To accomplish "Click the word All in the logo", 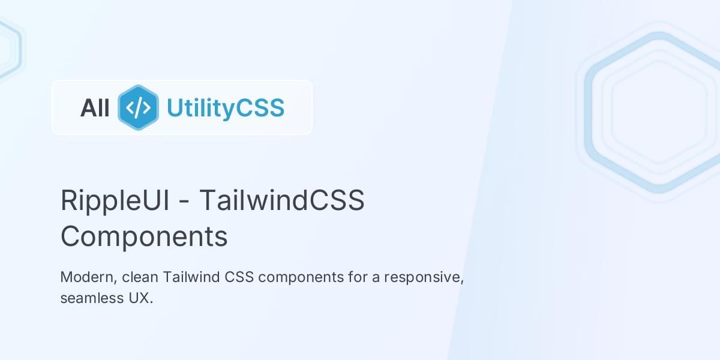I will pos(95,108).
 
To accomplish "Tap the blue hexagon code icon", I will pos(138,108).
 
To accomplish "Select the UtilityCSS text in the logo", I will pos(225,108).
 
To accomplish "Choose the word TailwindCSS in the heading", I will pos(281,200).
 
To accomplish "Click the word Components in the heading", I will pos(144,236).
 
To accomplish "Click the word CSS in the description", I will pos(240,278).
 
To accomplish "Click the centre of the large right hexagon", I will pos(659,112).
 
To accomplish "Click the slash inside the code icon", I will pos(138,108).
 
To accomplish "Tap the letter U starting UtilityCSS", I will pos(175,108).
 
